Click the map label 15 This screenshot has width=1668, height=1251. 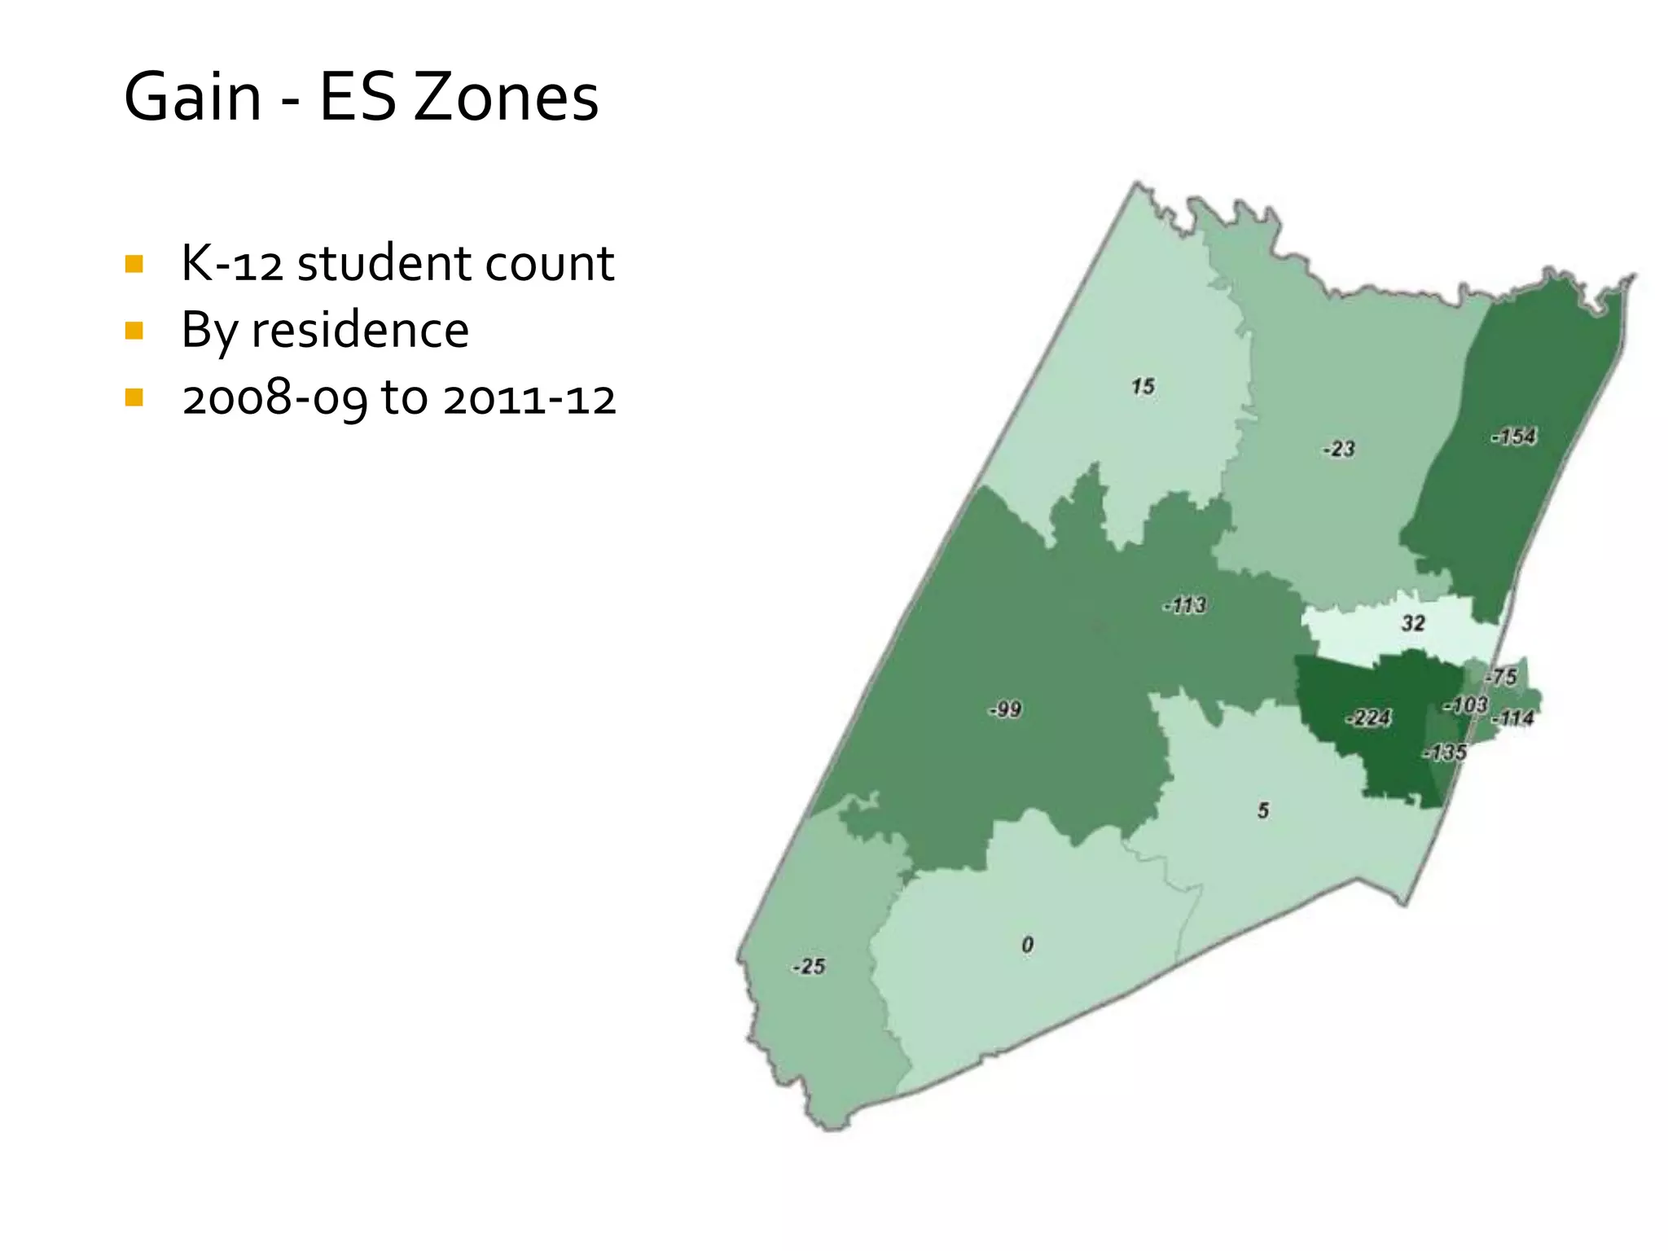[x=1143, y=386]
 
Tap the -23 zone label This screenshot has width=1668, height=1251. [x=1339, y=449]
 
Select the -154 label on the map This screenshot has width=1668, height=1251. [x=1514, y=437]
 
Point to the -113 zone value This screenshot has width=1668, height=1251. [x=1184, y=605]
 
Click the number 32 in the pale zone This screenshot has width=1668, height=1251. [x=1413, y=623]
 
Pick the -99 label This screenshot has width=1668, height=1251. [x=1005, y=709]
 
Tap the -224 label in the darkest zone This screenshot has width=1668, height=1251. [x=1368, y=718]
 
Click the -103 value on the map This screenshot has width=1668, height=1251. [x=1466, y=705]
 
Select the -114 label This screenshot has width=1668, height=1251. [x=1513, y=718]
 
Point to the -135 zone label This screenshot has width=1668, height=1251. [x=1446, y=752]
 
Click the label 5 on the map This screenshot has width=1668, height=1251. [x=1263, y=810]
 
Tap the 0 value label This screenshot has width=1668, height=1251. [x=1028, y=945]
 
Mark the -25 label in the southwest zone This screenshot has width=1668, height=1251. [x=809, y=967]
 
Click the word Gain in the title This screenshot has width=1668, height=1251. [x=193, y=97]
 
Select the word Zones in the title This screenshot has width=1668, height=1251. [x=506, y=97]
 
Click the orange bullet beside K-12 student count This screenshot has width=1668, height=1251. [x=134, y=264]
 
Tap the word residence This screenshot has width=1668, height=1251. [x=360, y=330]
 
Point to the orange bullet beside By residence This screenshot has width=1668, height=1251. [x=134, y=331]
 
